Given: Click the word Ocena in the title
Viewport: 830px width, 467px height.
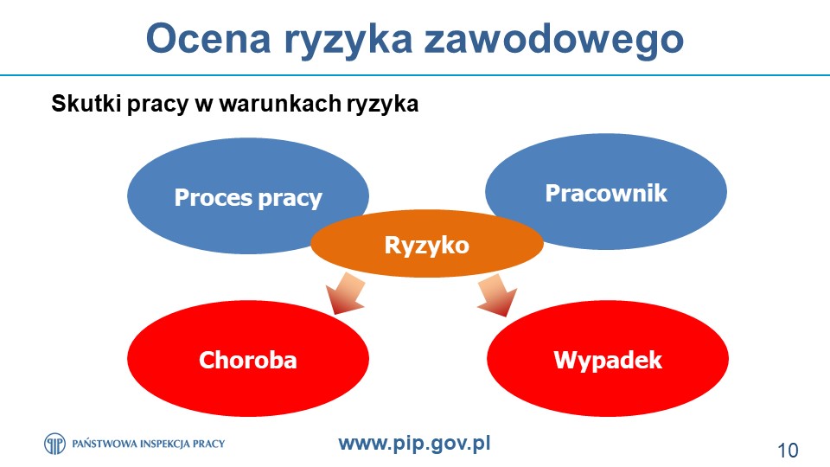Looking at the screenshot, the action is pos(208,38).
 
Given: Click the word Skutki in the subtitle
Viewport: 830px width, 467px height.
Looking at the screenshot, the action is pos(86,103).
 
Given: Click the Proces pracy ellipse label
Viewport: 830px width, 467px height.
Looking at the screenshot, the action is pos(248,198).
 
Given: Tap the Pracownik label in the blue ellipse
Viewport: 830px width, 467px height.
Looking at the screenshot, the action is pos(606,193).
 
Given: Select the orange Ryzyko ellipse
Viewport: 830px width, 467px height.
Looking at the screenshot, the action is pos(426,243).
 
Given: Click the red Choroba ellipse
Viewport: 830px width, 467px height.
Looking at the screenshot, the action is pos(248,358).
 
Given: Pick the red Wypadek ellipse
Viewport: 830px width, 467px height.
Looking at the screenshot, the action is pos(608,358).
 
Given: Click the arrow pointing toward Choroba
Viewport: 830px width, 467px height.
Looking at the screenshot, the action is pos(345,293).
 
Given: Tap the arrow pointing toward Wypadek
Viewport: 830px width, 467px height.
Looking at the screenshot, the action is pos(498,295).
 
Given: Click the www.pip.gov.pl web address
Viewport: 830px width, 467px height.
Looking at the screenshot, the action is pos(414,443).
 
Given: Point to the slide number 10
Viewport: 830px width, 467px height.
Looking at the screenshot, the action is pos(788,451).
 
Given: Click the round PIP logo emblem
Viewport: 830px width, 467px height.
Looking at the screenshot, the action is pos(54,444).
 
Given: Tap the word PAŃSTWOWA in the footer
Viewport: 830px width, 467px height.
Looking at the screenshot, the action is pos(104,444).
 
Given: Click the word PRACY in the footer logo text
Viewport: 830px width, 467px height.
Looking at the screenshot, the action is pos(208,444).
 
